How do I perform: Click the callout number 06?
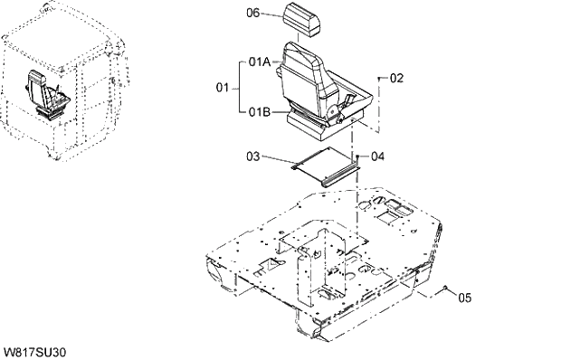(254, 14)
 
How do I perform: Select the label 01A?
(259, 62)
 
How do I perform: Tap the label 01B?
(259, 112)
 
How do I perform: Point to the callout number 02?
(395, 79)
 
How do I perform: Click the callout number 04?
(377, 156)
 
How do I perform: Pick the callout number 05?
(463, 296)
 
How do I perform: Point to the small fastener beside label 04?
(359, 157)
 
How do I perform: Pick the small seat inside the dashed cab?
(45, 95)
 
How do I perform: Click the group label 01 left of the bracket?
(222, 88)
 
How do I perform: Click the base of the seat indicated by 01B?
(317, 119)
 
